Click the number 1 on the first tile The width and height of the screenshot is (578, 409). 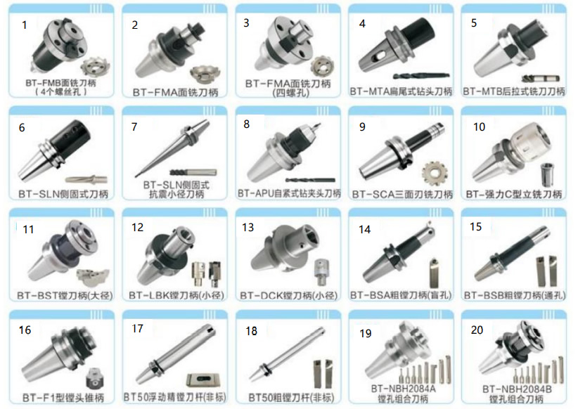pos(25,25)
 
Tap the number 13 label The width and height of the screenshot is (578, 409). pos(248,227)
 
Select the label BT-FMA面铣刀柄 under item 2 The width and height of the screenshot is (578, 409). pos(176,92)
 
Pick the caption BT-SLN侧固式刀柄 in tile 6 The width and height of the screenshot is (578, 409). pos(63,193)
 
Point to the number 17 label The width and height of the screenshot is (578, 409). pos(137,328)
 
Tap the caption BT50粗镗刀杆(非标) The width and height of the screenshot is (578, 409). pos(289,397)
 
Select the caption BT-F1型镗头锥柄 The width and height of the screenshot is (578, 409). pos(63,396)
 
